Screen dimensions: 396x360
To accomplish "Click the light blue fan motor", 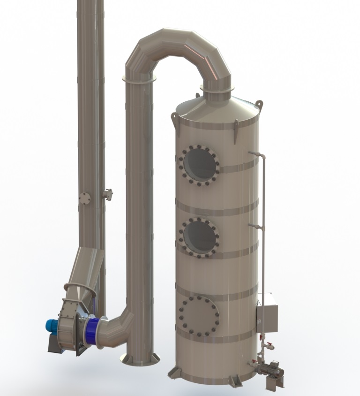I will tap(52, 325).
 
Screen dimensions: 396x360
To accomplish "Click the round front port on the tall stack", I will tap(85, 198).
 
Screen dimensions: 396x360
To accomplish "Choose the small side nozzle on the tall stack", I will tap(108, 193).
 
